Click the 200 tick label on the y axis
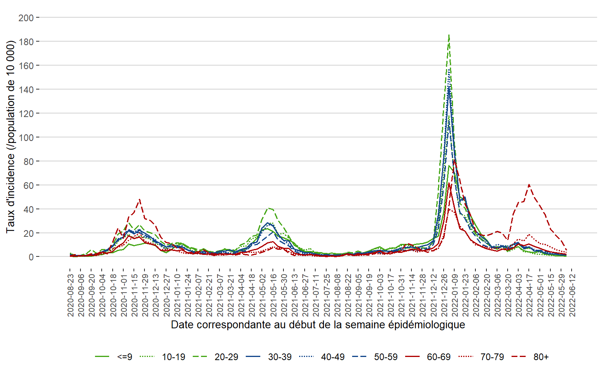point(26,18)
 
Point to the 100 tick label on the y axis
point(26,137)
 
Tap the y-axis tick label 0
point(31,257)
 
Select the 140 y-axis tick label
point(26,90)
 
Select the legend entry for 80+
point(541,357)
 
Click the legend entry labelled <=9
point(124,357)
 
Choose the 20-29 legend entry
point(226,357)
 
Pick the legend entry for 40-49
point(333,357)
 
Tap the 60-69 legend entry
point(439,357)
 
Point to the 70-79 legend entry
point(492,357)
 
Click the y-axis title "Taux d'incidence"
point(11,137)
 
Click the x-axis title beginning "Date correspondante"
point(318,325)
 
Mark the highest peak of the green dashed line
point(449,35)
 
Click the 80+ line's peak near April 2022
point(529,185)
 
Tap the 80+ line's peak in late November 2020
point(139,199)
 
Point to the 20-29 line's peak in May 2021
point(269,208)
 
